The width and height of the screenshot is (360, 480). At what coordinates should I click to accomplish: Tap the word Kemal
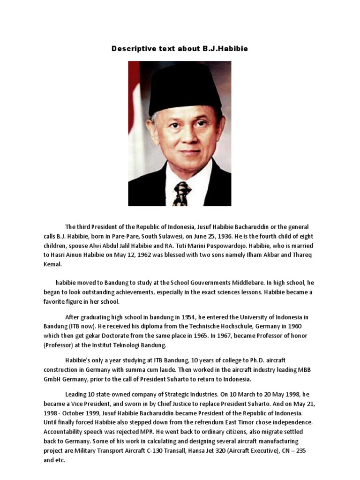coord(52,264)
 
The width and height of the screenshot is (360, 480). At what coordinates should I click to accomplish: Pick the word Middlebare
coord(240,283)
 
